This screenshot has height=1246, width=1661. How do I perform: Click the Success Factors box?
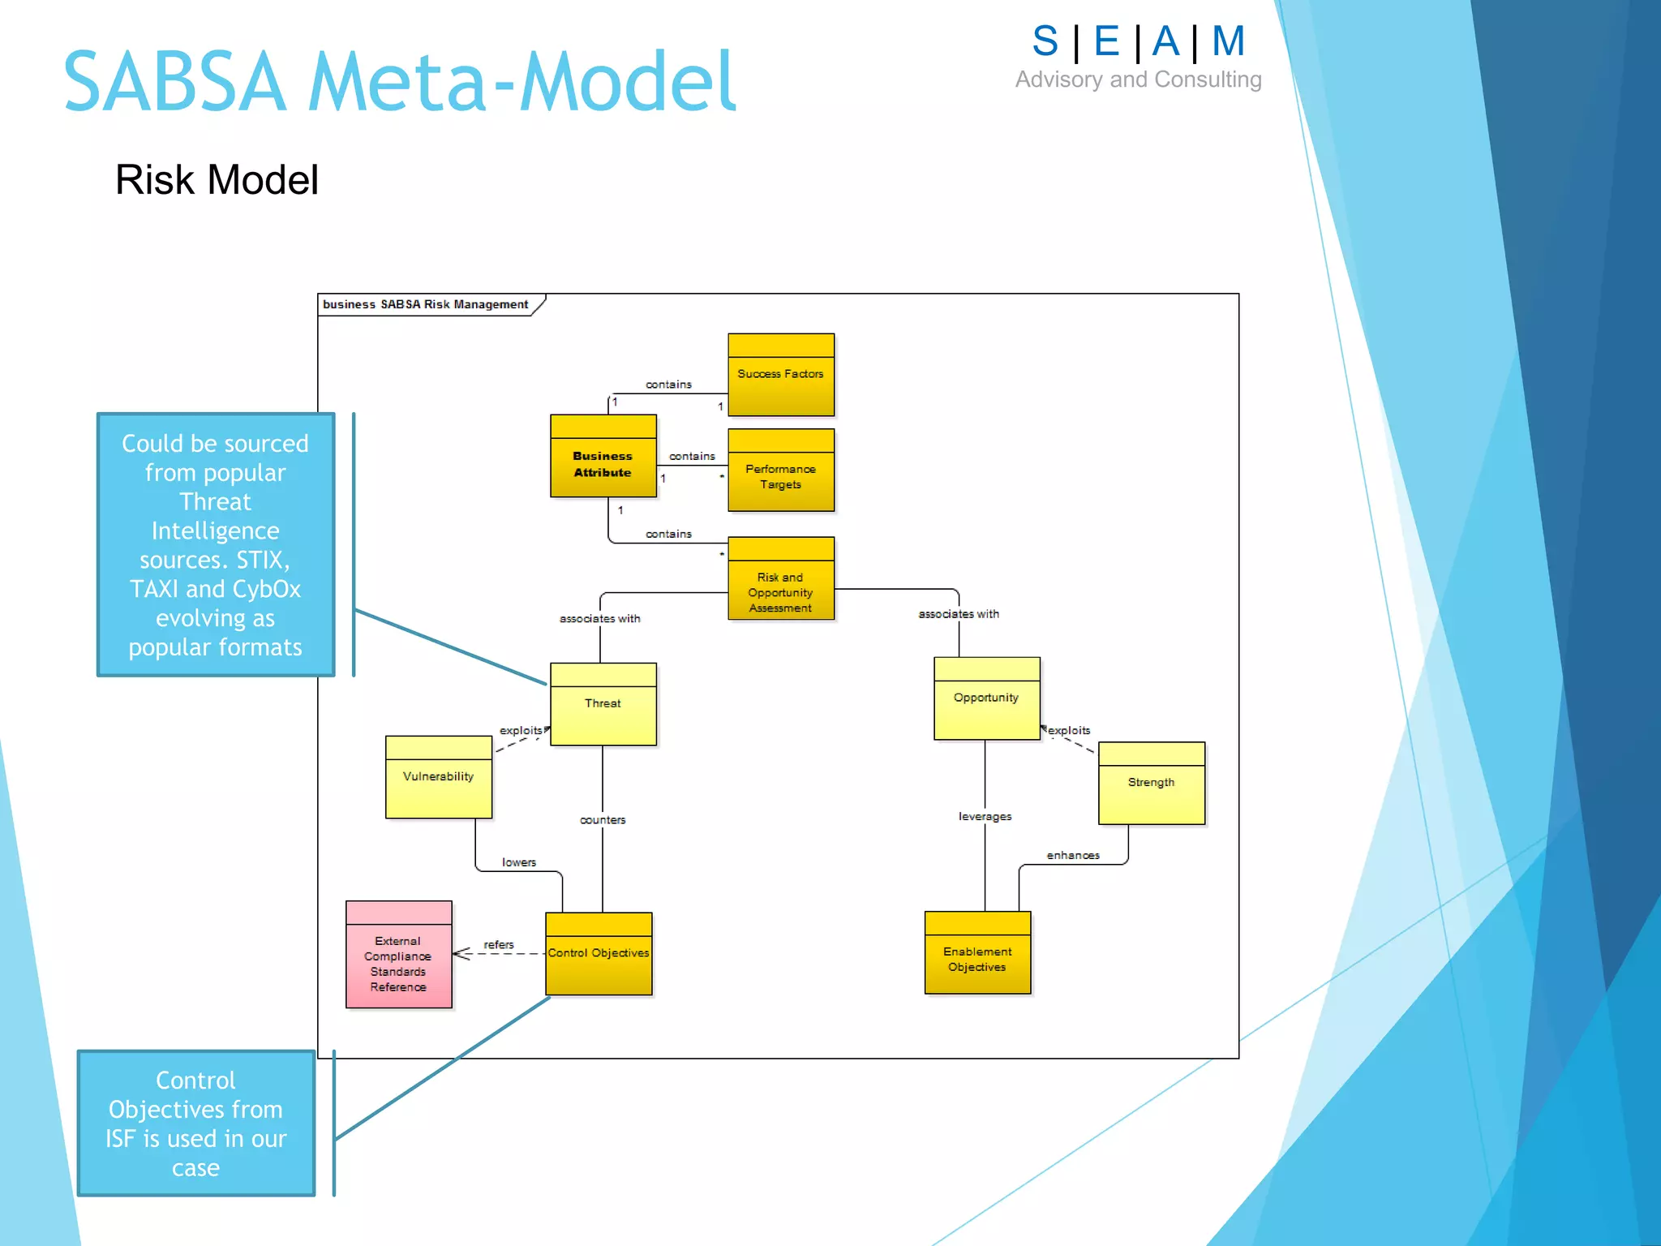tap(780, 375)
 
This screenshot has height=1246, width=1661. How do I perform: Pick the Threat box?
tap(603, 704)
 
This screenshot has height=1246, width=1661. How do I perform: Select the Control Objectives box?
tap(599, 954)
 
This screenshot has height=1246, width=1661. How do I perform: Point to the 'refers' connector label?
tap(499, 945)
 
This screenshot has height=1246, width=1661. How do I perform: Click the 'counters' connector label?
tap(603, 820)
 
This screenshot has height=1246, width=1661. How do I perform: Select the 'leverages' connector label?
tap(985, 817)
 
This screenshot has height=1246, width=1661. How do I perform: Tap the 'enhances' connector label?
tap(1073, 856)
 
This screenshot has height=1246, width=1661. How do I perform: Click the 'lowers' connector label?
tap(519, 863)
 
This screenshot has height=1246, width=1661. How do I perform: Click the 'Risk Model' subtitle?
tap(217, 180)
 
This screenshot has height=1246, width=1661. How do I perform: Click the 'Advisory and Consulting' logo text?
tap(1138, 79)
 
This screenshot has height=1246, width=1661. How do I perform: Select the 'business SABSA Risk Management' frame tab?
tap(426, 305)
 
